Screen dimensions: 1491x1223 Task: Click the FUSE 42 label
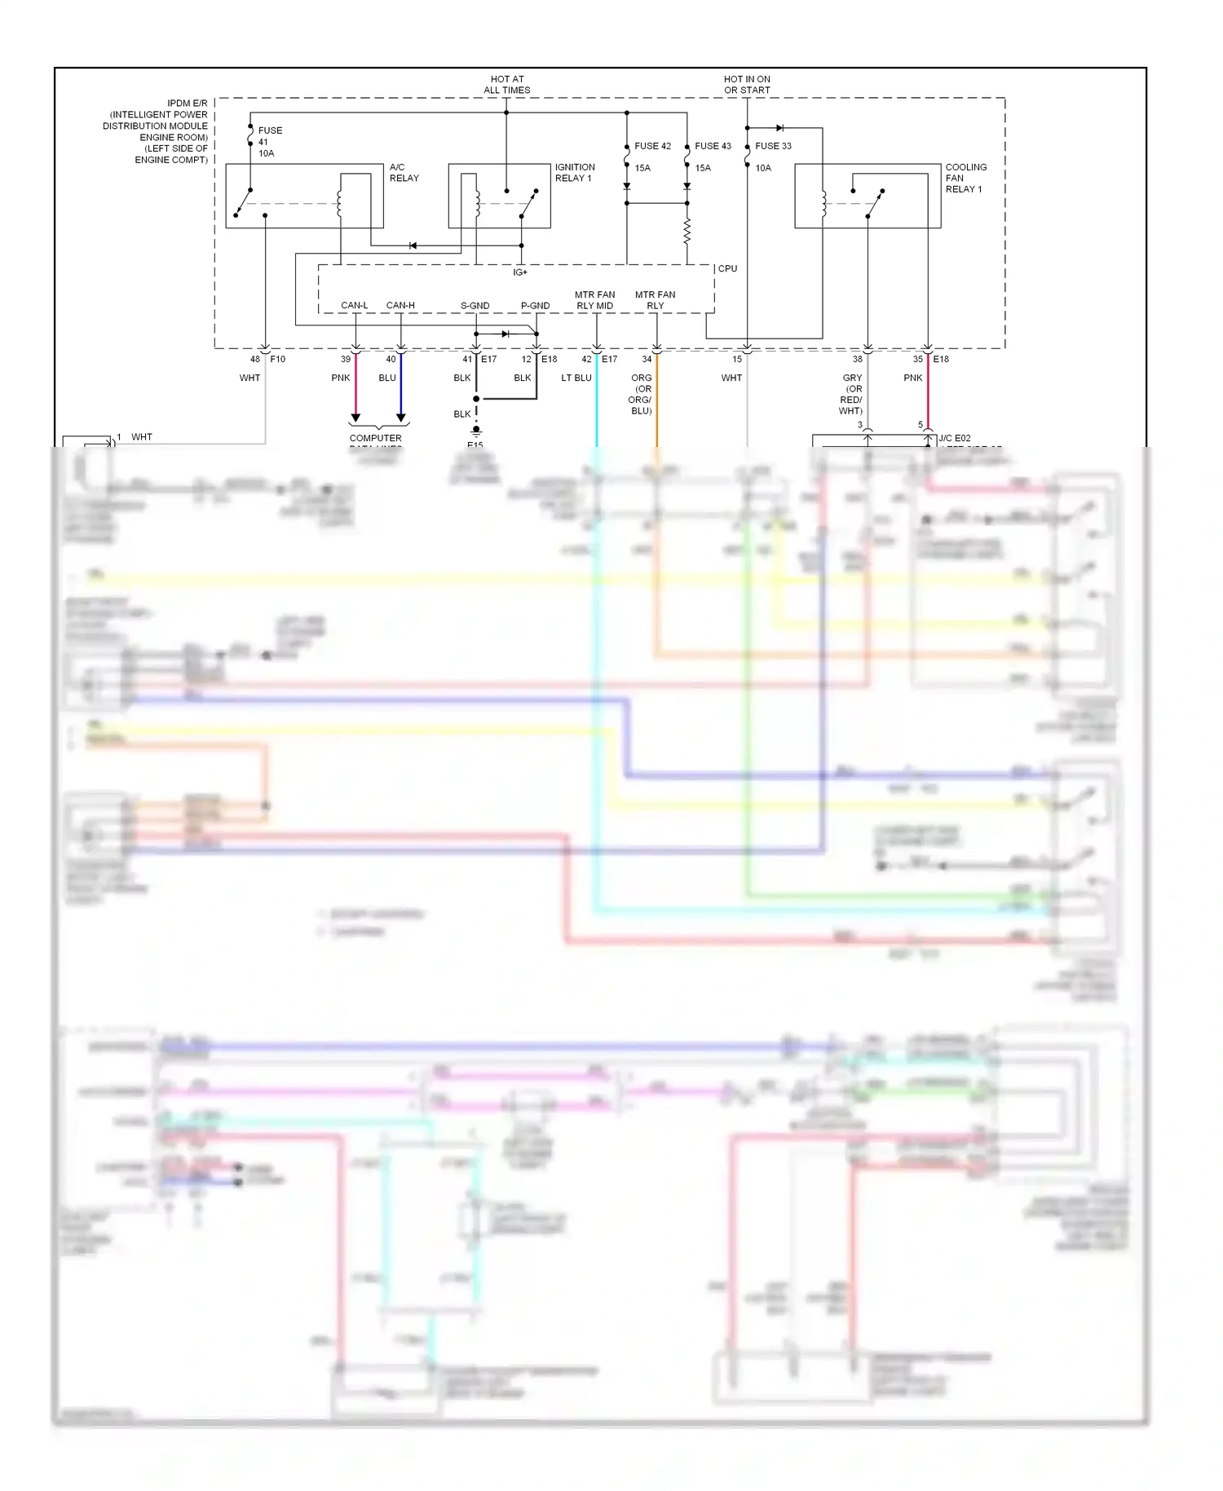pos(652,146)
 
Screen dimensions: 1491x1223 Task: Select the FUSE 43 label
pos(713,146)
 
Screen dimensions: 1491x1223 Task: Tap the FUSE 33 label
pos(773,146)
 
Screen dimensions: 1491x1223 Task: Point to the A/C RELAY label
pos(404,172)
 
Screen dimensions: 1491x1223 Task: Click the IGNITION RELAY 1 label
pos(575,172)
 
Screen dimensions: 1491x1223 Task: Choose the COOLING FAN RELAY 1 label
pos(965,178)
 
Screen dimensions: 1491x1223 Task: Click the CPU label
pos(727,268)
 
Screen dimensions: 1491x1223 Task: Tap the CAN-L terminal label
pos(354,306)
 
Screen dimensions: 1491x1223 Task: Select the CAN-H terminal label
pos(400,306)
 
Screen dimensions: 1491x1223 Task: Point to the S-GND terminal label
pos(475,306)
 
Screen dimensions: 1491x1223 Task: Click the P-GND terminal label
pos(535,306)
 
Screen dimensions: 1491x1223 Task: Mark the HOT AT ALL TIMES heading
pos(506,85)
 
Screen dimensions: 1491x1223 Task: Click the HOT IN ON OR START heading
pos(747,85)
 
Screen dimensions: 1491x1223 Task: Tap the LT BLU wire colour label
pos(576,378)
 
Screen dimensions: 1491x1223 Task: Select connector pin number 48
pos(255,359)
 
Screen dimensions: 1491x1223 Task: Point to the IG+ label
pos(520,272)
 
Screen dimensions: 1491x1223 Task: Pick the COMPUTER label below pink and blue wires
pos(375,438)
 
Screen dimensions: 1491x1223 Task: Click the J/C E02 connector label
pos(954,438)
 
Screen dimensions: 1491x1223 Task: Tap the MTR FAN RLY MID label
pos(594,300)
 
